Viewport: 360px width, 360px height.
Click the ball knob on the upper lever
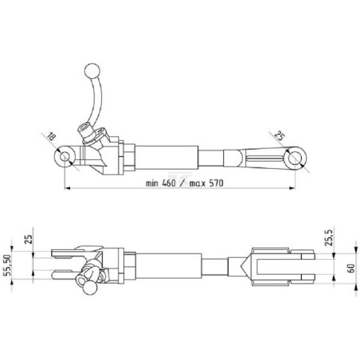click(92, 71)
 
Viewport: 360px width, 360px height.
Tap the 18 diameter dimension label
click(51, 137)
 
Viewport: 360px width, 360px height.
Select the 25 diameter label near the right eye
click(280, 135)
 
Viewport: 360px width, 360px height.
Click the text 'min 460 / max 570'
click(185, 183)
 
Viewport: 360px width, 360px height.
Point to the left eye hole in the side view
click(64, 157)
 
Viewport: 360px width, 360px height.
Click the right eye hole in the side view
click(295, 159)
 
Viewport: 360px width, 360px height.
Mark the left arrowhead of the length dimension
click(68, 188)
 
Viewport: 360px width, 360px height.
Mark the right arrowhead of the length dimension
click(292, 188)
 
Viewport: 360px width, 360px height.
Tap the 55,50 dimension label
click(8, 265)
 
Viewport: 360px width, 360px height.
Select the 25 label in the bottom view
click(29, 240)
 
